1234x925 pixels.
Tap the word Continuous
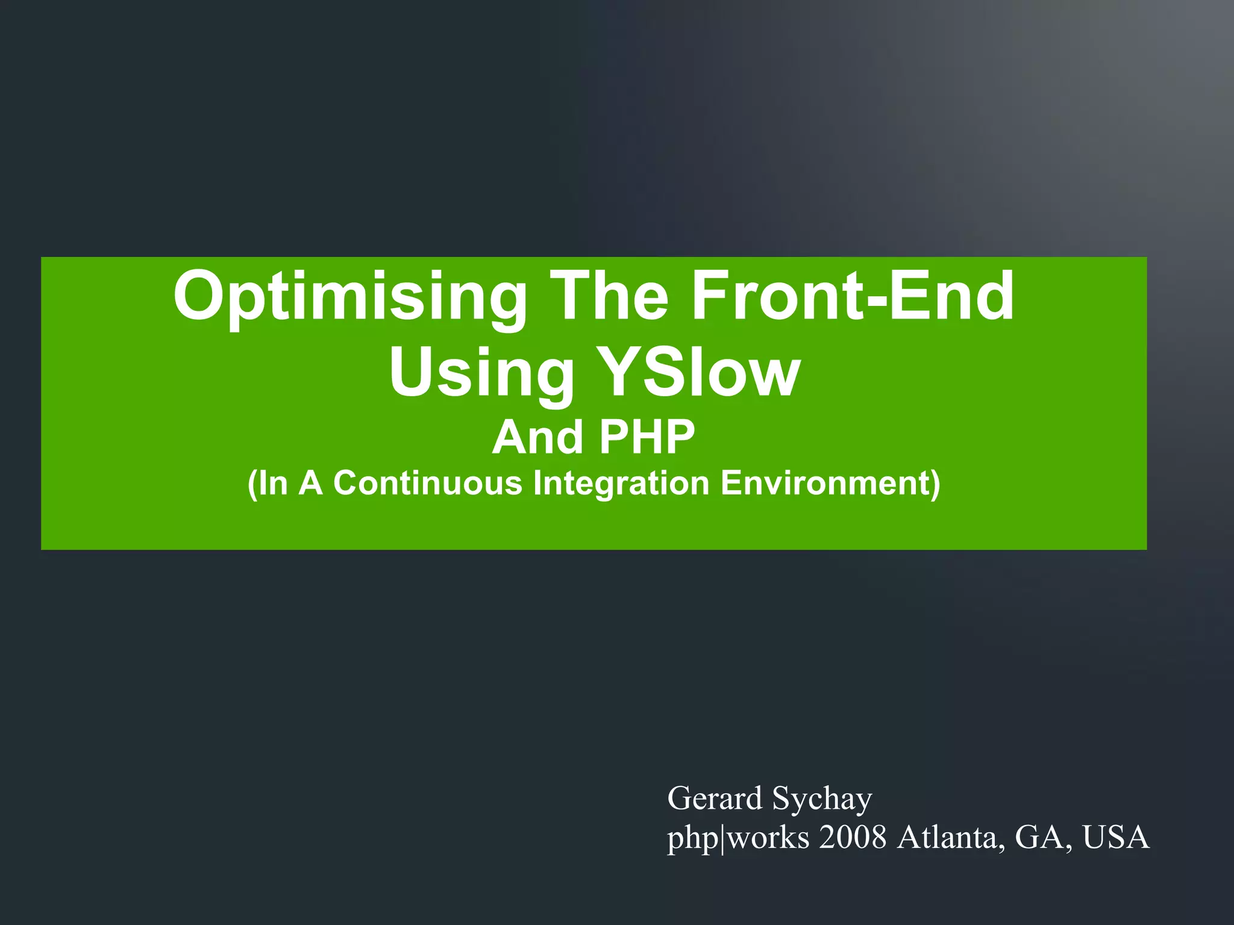(x=427, y=484)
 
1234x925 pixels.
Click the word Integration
(x=621, y=484)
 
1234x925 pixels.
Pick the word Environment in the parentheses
(x=825, y=484)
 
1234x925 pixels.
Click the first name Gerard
(x=715, y=799)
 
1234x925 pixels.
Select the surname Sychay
(x=822, y=800)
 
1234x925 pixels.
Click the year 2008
(x=853, y=837)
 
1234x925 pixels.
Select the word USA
(x=1116, y=837)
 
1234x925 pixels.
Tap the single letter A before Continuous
(x=310, y=484)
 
